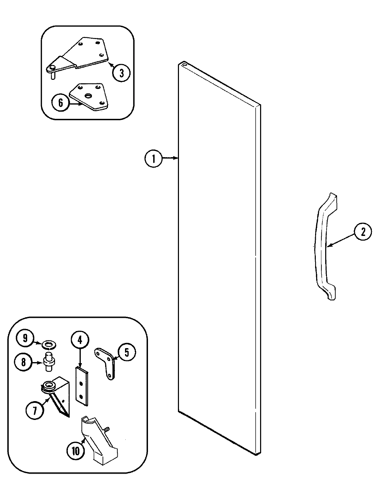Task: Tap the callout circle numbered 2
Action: click(363, 232)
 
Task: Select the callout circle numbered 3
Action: click(121, 72)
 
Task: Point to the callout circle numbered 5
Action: click(126, 352)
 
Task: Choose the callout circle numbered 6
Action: click(61, 103)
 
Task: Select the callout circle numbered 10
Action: click(75, 451)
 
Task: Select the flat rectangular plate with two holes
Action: click(82, 385)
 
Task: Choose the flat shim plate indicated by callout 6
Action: click(89, 97)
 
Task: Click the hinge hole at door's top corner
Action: click(183, 64)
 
